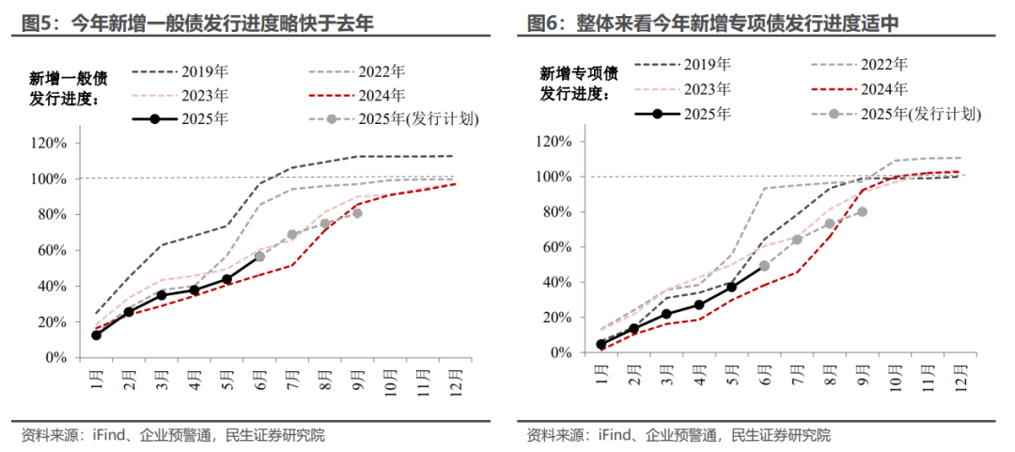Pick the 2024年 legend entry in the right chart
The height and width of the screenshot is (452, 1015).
tap(859, 89)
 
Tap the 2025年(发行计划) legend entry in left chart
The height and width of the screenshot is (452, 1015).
tap(382, 119)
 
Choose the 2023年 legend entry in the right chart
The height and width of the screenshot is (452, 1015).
tap(682, 89)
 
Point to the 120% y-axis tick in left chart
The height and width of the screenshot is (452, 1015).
tap(48, 143)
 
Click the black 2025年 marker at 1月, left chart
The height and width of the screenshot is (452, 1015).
tap(96, 335)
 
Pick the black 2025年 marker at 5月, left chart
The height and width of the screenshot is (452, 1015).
tap(226, 279)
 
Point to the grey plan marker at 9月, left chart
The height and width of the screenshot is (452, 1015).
tap(357, 213)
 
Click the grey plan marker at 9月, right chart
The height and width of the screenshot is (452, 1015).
tap(862, 211)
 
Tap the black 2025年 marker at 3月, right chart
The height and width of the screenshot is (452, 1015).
tap(666, 314)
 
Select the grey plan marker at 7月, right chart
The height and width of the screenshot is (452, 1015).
tap(797, 240)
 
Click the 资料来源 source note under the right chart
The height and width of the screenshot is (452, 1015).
tap(678, 435)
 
